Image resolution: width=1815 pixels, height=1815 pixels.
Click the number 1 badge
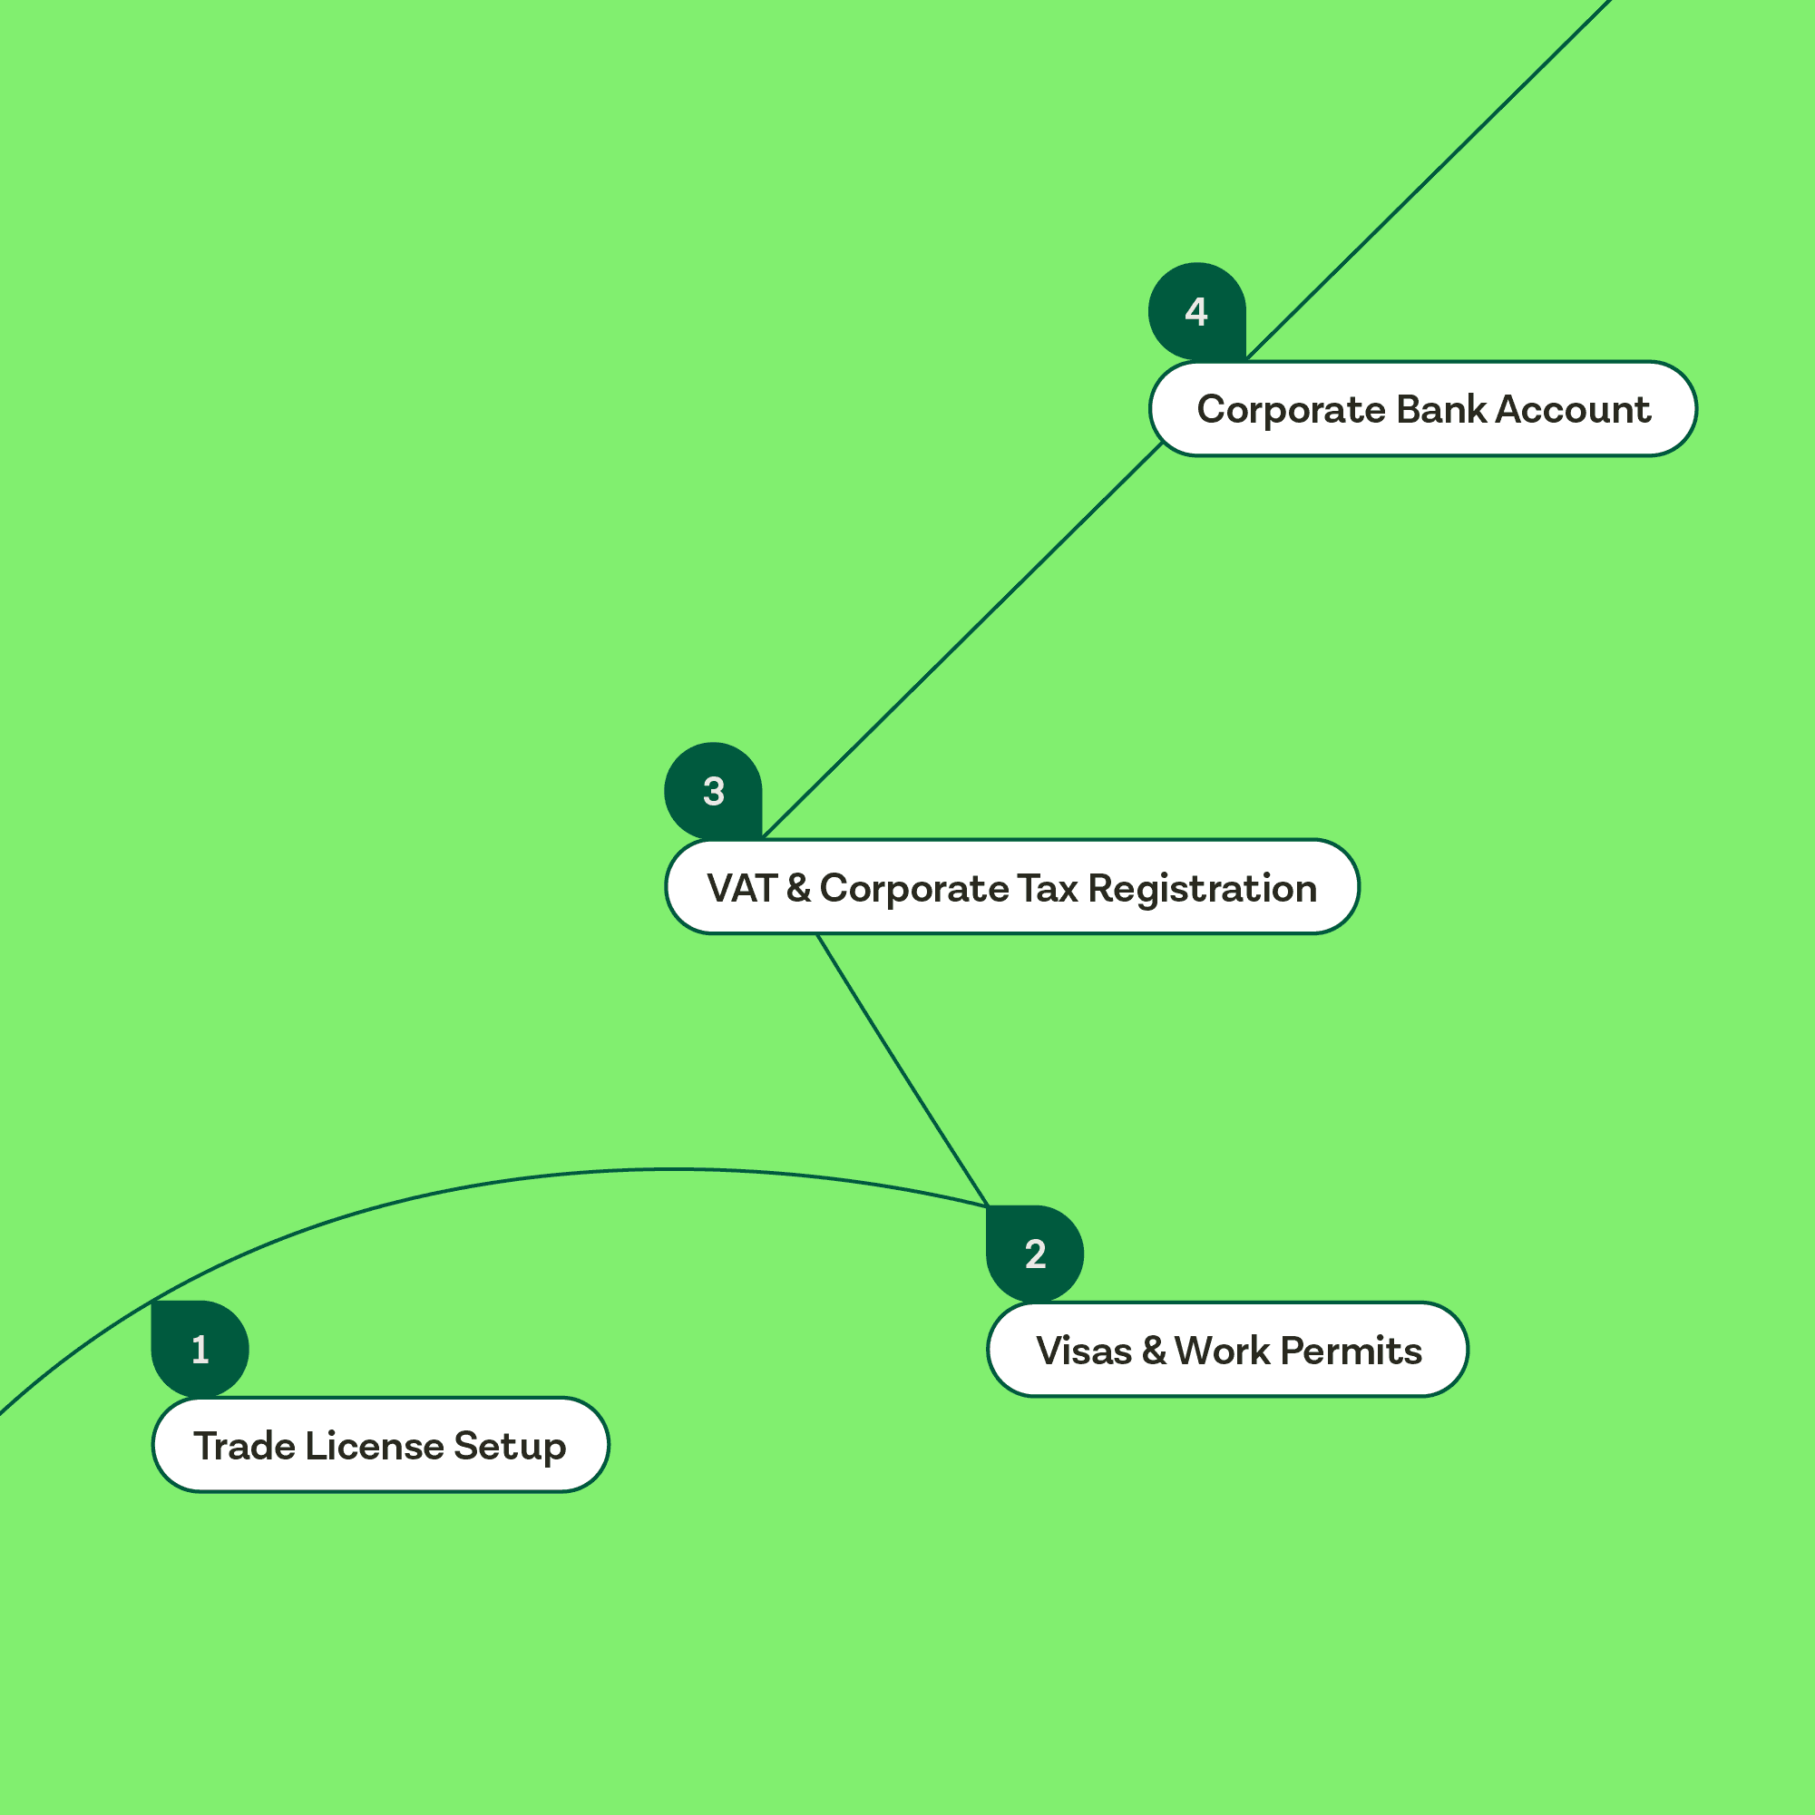coord(200,1349)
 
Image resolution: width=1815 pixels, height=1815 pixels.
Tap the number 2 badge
coord(1035,1254)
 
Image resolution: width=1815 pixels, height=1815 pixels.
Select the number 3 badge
coord(713,791)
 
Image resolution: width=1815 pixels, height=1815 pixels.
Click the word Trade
coord(244,1446)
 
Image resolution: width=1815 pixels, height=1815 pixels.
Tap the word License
coord(374,1446)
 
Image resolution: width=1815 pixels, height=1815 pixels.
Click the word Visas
coord(1084,1351)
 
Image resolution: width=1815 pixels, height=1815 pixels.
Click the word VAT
coord(741,889)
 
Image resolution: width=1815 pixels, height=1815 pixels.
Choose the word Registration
coord(1203,890)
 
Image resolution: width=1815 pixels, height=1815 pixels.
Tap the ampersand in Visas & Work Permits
coord(1154,1351)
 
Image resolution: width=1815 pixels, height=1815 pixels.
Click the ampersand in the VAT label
coord(798,889)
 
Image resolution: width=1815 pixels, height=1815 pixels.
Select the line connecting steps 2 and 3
coord(902,1069)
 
